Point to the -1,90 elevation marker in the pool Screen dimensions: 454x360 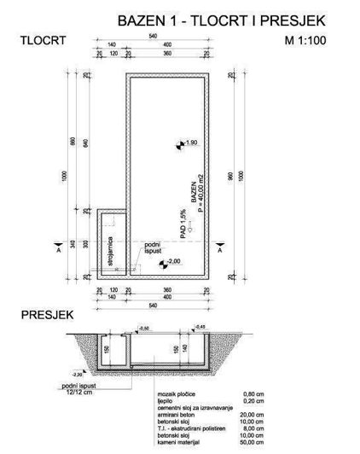pyautogui.click(x=189, y=143)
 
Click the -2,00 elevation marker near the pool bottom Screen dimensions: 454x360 pyautogui.click(x=171, y=261)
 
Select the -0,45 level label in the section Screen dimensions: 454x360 pyautogui.click(x=200, y=326)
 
